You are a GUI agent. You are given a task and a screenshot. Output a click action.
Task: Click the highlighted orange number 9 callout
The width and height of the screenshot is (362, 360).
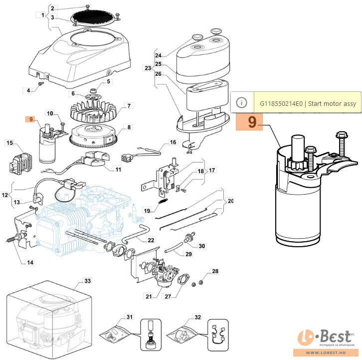click(x=31, y=119)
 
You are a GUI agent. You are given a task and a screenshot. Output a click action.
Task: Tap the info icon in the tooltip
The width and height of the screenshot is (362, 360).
click(x=242, y=102)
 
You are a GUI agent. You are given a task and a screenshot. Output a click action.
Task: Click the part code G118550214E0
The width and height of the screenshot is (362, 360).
click(x=282, y=103)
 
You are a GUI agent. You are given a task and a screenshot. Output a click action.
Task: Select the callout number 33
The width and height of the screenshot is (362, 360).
click(x=87, y=281)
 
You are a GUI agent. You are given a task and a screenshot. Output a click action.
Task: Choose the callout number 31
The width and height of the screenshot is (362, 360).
click(x=130, y=317)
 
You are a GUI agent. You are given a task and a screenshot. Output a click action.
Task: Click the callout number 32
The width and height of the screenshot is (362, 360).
click(x=197, y=317)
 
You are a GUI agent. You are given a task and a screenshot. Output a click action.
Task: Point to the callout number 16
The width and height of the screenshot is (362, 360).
click(x=173, y=142)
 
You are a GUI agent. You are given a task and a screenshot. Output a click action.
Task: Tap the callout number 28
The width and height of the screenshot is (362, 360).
click(x=215, y=272)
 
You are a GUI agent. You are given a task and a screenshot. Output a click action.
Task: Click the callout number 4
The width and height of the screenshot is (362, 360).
click(x=28, y=90)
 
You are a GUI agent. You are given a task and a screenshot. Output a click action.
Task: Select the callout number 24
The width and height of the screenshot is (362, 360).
click(x=159, y=55)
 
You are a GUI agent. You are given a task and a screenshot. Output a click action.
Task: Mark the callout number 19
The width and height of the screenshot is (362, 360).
click(x=147, y=210)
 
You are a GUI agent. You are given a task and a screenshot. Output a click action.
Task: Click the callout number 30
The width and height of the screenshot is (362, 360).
click(x=201, y=246)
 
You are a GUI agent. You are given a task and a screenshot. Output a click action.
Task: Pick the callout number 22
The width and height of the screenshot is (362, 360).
click(x=151, y=240)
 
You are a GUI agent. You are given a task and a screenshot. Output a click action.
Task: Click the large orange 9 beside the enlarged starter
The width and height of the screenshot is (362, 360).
click(x=252, y=122)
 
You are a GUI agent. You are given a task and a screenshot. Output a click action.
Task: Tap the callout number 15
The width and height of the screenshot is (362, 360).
click(x=9, y=143)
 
